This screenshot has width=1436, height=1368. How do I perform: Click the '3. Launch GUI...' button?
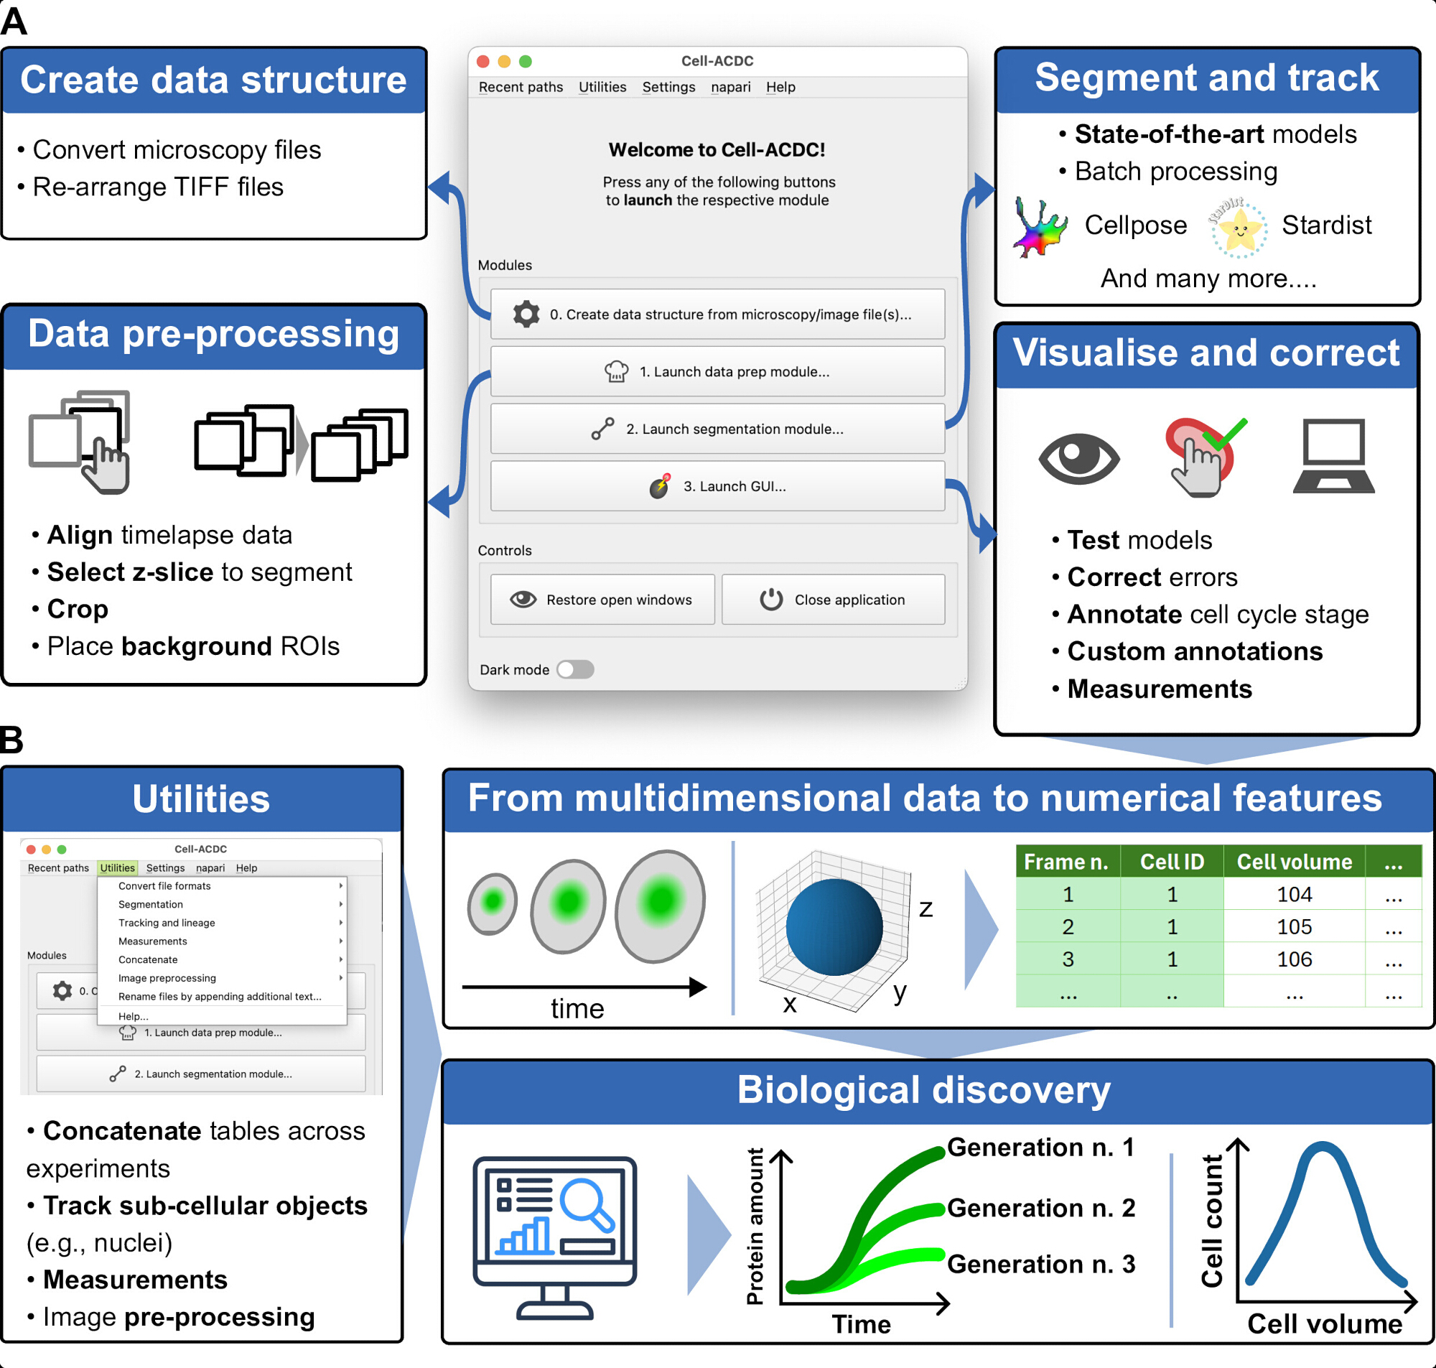717,485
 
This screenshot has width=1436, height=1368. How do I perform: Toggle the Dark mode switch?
575,669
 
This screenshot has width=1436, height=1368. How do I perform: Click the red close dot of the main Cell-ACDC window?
482,61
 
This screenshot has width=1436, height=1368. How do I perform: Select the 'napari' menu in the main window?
730,87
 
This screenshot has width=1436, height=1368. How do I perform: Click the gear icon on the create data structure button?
526,315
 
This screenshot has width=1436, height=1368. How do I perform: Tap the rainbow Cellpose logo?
1040,228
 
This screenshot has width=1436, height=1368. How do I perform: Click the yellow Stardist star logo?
1239,228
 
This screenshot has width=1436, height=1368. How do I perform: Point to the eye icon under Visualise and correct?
1079,458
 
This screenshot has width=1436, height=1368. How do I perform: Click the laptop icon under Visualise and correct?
1333,456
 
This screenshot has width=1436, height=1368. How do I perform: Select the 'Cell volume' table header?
1294,862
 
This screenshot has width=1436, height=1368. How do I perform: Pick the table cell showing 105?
1294,927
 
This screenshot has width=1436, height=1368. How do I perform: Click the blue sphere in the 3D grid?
834,927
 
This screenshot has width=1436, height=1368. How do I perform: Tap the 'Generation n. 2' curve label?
1041,1208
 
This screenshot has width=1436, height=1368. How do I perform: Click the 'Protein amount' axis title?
755,1227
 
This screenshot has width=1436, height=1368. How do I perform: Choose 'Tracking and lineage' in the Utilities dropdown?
167,923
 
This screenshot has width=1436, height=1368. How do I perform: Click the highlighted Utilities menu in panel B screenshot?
117,867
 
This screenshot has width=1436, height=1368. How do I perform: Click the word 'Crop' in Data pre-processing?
78,609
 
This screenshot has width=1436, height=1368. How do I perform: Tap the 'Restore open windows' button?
602,600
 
